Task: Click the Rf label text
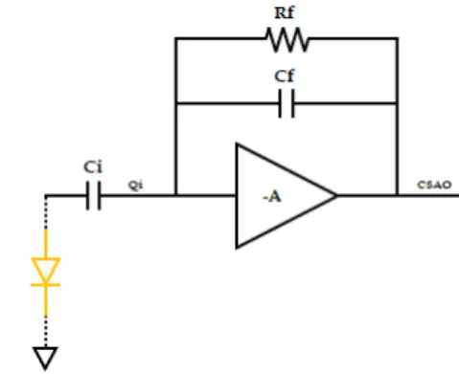click(285, 13)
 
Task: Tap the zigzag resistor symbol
click(287, 39)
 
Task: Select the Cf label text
click(285, 77)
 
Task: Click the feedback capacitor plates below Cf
click(287, 103)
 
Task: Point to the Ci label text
click(93, 167)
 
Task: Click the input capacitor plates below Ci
click(93, 195)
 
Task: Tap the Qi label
click(135, 186)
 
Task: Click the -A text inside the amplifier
click(272, 197)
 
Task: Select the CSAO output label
click(434, 185)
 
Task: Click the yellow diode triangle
click(46, 271)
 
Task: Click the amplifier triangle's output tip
click(336, 195)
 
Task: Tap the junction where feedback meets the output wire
click(397, 195)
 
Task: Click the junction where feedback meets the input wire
click(175, 195)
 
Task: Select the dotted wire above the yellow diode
click(46, 212)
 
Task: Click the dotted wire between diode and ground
click(46, 332)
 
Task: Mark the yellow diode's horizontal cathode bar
click(45, 285)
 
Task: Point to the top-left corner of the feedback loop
click(175, 38)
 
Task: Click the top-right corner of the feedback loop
click(397, 38)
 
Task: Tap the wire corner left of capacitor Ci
click(46, 195)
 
